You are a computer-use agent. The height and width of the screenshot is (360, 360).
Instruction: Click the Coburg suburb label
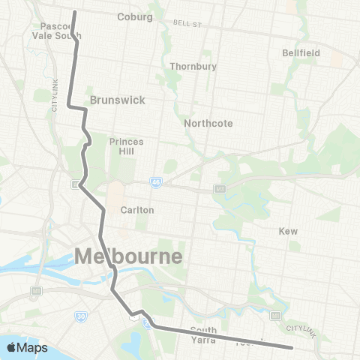point(135,16)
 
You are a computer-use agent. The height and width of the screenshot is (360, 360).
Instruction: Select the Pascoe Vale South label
point(57,31)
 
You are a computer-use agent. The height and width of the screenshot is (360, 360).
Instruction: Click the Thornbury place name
point(193,66)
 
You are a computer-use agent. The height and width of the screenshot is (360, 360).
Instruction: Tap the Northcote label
point(208,123)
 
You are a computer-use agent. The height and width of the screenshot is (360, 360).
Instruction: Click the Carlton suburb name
point(137,210)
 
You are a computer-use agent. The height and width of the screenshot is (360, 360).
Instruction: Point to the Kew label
point(288,231)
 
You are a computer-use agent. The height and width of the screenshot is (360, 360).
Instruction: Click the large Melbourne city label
point(128,256)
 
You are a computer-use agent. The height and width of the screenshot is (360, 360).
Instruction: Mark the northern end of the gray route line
point(74,12)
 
